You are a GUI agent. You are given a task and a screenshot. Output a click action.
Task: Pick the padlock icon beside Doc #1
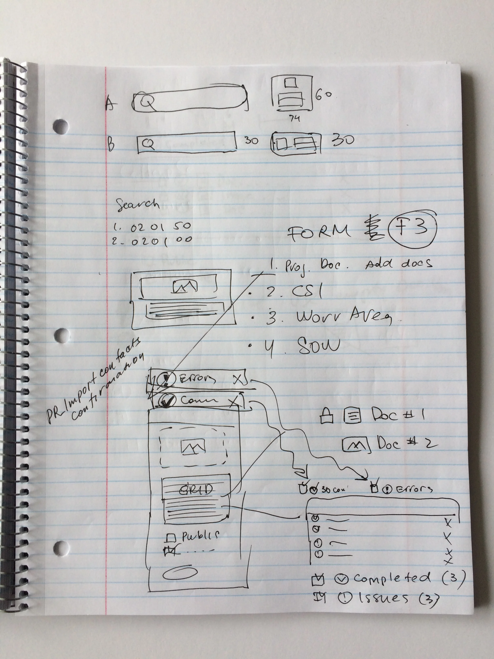pyautogui.click(x=325, y=416)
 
